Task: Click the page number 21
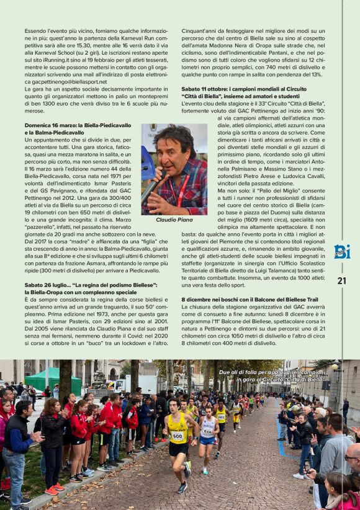click(x=341, y=280)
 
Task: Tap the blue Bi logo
click(x=342, y=251)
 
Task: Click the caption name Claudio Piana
click(x=174, y=220)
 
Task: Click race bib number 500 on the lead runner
click(x=178, y=436)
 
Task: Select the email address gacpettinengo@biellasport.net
click(x=66, y=82)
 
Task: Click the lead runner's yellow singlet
click(x=178, y=431)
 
